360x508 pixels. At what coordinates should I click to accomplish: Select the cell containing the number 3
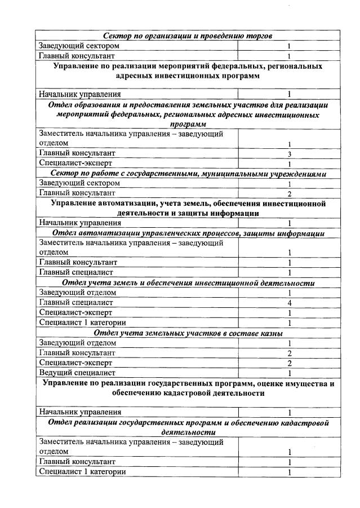tap(288, 154)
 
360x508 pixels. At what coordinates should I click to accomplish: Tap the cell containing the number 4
tap(288, 303)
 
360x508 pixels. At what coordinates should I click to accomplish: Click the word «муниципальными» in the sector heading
tap(226, 174)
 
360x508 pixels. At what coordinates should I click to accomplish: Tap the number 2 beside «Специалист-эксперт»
tap(288, 363)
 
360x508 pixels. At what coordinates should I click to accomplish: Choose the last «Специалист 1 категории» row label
tap(82, 471)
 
